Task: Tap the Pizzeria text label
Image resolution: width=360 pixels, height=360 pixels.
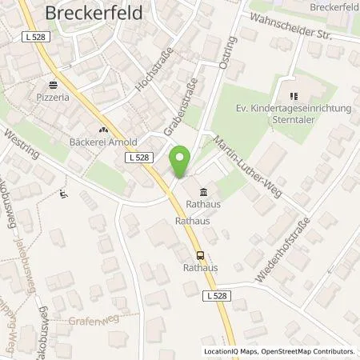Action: point(54,96)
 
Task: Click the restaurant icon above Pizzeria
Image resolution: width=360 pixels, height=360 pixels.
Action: point(54,84)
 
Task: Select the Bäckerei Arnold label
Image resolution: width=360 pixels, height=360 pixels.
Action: point(103,141)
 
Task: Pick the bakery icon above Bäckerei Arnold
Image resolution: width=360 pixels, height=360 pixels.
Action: point(103,129)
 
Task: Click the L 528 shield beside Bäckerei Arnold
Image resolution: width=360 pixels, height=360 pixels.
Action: point(138,158)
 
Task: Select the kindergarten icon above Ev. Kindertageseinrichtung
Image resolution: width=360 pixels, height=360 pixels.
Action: point(285,92)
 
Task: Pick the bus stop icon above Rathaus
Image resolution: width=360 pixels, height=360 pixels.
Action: point(200,256)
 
